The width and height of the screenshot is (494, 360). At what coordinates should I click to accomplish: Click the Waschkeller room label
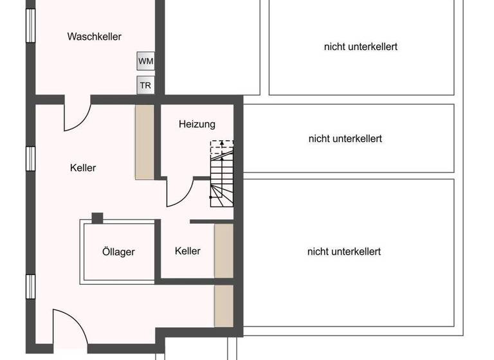tap(94, 37)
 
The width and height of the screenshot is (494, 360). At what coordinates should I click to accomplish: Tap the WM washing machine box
tap(146, 61)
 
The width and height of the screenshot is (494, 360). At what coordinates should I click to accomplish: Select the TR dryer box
tap(146, 85)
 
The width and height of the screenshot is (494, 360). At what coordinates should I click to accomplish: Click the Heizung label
tap(197, 124)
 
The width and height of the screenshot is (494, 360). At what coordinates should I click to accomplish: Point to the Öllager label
tap(118, 251)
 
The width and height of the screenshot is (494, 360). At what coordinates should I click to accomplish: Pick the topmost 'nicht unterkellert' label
tap(360, 47)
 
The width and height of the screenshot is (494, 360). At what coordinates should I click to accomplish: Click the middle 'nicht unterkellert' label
tap(345, 138)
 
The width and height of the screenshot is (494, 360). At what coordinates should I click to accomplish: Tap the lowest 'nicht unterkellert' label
tap(344, 251)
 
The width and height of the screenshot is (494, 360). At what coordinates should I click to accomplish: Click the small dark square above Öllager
tap(97, 218)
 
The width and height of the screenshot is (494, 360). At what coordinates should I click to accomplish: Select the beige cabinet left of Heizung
tap(144, 142)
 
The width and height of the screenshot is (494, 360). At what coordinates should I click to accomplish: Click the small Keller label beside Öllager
tap(187, 251)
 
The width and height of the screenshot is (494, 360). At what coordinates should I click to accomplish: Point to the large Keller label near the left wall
tap(83, 168)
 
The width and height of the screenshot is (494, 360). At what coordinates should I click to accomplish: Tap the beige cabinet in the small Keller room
tap(223, 251)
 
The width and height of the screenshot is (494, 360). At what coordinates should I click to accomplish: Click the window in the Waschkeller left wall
tap(30, 26)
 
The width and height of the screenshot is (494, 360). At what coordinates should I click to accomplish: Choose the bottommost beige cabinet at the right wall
tap(223, 306)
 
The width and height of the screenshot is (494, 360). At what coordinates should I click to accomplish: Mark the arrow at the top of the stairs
tap(222, 143)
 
